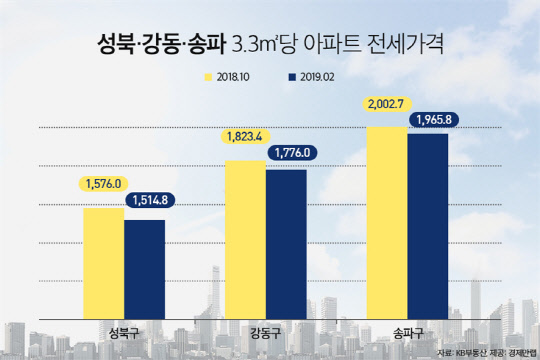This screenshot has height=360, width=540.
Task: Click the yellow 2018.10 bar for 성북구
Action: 103,263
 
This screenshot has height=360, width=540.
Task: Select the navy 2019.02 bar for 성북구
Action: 144,269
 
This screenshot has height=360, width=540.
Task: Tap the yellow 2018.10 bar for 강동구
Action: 245,240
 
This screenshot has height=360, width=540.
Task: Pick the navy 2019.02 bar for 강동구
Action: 286,245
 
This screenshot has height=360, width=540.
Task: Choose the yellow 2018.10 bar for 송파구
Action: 387,223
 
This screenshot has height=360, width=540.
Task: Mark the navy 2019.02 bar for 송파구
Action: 428,227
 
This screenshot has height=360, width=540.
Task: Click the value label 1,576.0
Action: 104,184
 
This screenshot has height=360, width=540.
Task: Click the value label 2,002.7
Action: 388,104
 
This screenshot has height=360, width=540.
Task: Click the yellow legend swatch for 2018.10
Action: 208,76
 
